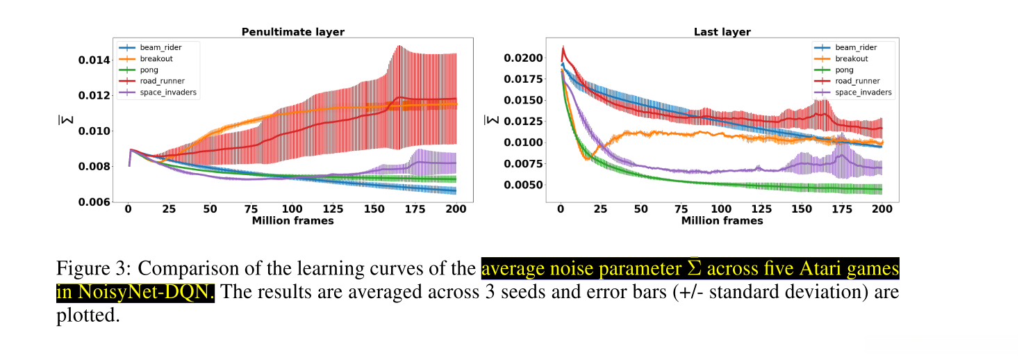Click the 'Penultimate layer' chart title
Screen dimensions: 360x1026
[x=292, y=32]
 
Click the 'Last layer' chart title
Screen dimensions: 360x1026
[x=722, y=32]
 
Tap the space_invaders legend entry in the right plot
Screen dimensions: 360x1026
[x=863, y=92]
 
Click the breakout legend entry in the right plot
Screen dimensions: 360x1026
[x=851, y=59]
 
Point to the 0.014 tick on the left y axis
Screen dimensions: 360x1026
[x=93, y=60]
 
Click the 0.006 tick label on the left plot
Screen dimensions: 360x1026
[x=93, y=202]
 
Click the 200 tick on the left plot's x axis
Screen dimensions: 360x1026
[x=456, y=209]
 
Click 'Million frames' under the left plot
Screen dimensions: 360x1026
[x=292, y=221]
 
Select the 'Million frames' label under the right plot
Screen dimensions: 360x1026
[x=722, y=221]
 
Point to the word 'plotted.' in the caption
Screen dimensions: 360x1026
[x=88, y=316]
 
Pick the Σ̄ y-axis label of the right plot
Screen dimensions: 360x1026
[x=490, y=120]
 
